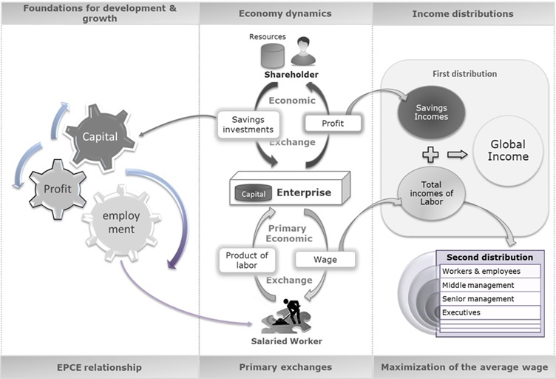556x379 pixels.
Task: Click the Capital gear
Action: coord(101,137)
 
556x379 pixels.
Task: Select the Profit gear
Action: coord(57,189)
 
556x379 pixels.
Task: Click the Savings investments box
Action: coord(247,124)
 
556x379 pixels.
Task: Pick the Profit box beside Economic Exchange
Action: coord(332,123)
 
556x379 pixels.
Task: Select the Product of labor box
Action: coord(247,261)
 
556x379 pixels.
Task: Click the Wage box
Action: coord(325,260)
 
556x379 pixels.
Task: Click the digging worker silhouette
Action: coord(288,312)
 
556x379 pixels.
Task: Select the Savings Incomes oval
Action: coord(430,113)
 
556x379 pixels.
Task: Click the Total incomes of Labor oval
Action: coord(431,192)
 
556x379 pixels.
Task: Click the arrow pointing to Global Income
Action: coord(458,154)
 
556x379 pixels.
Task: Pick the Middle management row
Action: coord(489,285)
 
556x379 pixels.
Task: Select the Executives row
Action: coord(489,312)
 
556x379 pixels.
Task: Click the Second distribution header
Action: coord(489,258)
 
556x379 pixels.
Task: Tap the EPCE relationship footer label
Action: coord(100,367)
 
